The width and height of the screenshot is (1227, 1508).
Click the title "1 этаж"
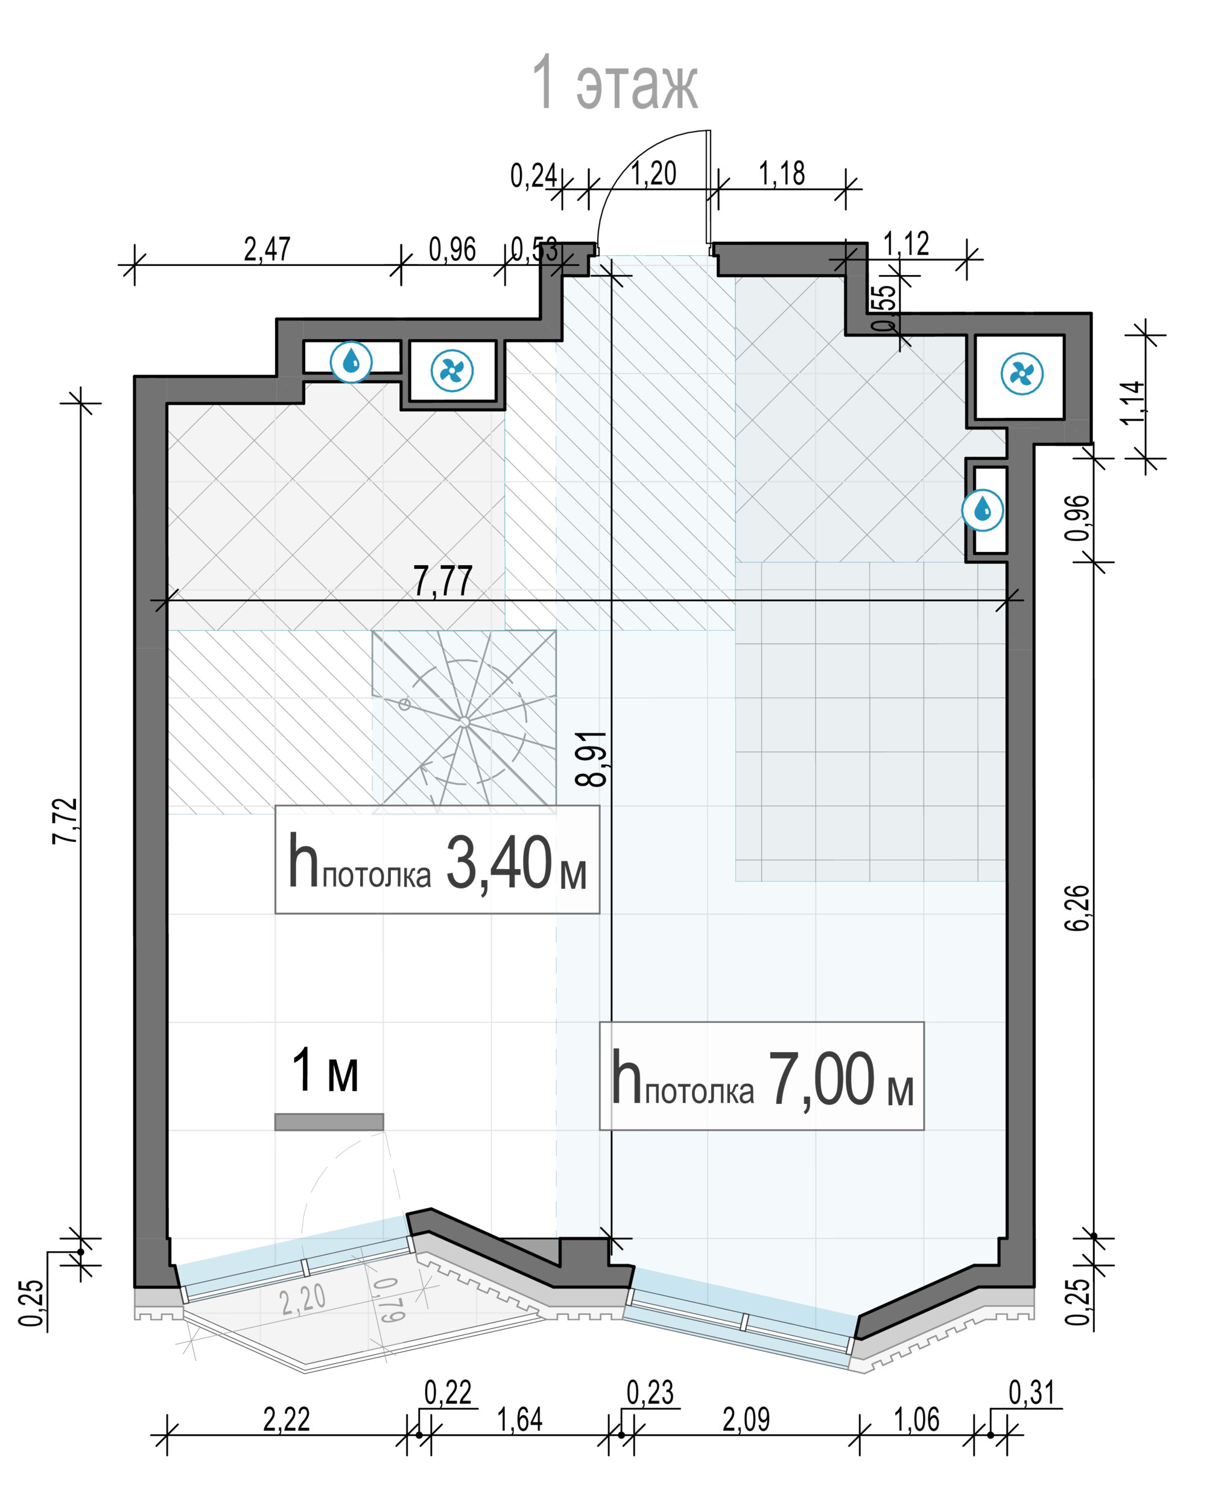[614, 83]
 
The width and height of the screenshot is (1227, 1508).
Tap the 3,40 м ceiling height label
[437, 860]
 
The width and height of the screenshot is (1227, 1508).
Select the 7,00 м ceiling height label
[761, 1076]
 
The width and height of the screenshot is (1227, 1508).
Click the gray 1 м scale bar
[329, 1122]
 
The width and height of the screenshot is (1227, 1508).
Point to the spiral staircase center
[464, 721]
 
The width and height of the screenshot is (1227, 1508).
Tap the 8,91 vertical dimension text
[592, 759]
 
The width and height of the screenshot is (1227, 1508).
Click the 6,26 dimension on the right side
[1078, 908]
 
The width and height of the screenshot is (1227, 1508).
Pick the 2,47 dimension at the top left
[267, 250]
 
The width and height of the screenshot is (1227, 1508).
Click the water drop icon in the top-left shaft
[351, 363]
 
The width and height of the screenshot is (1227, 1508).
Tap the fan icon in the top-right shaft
[1022, 373]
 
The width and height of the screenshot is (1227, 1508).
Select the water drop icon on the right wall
[983, 510]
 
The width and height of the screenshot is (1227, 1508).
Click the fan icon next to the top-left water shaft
[452, 370]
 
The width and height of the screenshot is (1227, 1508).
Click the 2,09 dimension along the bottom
[746, 1420]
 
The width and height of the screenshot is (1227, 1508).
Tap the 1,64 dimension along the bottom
[519, 1420]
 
